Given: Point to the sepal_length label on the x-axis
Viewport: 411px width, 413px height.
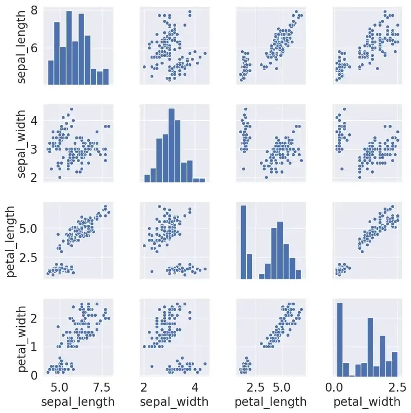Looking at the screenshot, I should pyautogui.click(x=78, y=401).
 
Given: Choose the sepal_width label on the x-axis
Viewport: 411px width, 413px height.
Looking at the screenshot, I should pyautogui.click(x=175, y=401).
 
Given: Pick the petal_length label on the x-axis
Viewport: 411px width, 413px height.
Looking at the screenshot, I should pyautogui.click(x=270, y=401).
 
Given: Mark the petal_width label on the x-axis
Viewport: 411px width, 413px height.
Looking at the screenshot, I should pyautogui.click(x=367, y=401).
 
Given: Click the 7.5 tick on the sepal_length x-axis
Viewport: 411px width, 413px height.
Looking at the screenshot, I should pyautogui.click(x=101, y=387).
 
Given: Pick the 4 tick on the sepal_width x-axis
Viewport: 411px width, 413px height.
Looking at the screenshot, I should pyautogui.click(x=195, y=387).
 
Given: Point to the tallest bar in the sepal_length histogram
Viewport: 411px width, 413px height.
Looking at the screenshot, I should pyautogui.click(x=69, y=48).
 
